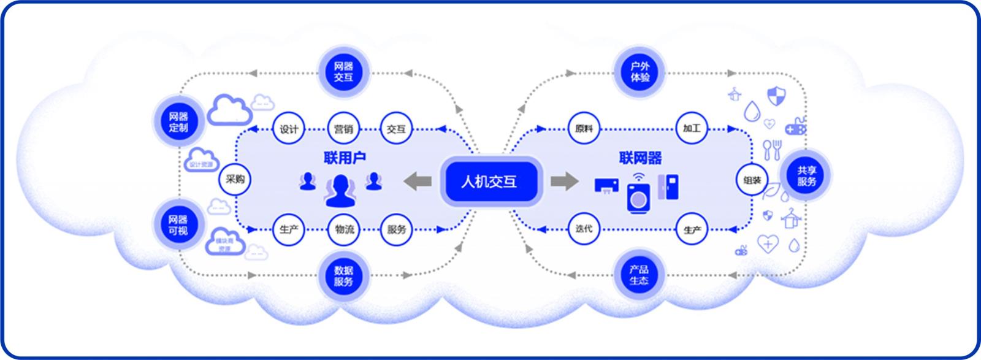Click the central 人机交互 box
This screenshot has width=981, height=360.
coord(489,182)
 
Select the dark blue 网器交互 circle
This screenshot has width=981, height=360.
coord(344,72)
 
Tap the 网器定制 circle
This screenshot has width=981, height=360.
coord(178,121)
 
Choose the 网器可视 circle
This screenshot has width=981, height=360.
coord(178,224)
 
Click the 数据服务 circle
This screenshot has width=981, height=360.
coord(344,276)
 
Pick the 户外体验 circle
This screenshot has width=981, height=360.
coord(639,72)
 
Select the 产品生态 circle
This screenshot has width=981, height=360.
coord(639,275)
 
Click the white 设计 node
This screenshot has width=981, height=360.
coord(288,129)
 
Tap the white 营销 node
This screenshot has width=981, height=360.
coord(344,129)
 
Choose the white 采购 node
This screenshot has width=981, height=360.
coord(235,180)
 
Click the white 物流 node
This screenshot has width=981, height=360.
coord(344,229)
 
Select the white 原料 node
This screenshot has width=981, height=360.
coord(584,129)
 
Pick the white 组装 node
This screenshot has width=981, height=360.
coord(752,180)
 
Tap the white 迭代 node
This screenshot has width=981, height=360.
coord(584,229)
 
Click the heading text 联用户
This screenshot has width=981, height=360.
coord(345,158)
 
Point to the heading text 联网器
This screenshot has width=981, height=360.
coord(640,158)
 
